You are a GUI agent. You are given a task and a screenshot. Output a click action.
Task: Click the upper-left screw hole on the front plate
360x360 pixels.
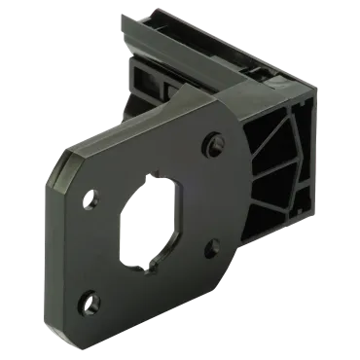click(91, 201)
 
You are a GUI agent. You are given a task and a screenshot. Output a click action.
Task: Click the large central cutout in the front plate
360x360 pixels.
click(150, 223)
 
